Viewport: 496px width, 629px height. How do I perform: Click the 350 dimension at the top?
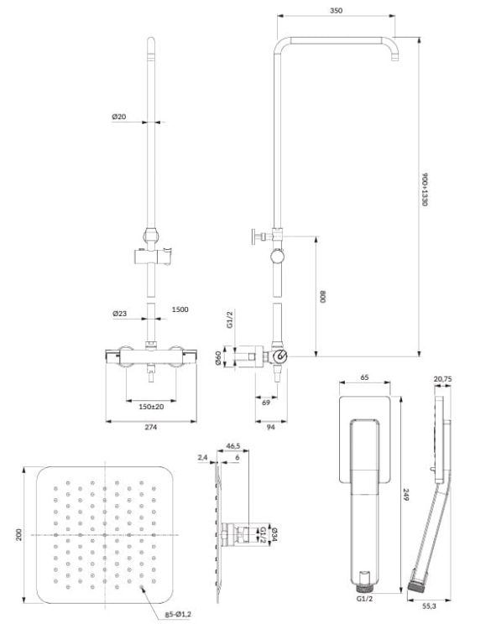click(336, 10)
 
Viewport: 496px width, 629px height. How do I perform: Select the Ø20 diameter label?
click(119, 117)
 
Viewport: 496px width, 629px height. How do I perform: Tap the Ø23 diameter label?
click(119, 314)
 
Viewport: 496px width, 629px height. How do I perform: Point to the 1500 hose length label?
click(180, 309)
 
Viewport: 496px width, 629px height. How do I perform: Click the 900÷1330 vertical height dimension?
click(425, 190)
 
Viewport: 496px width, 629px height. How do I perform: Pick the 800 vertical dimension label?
click(323, 297)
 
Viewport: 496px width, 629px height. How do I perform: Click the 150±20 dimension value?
click(151, 407)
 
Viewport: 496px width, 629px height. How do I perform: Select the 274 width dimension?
click(150, 427)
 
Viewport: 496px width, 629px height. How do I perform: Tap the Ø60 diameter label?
click(218, 357)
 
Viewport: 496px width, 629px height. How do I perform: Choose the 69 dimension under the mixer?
click(266, 403)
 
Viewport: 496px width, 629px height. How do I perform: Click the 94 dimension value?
click(271, 427)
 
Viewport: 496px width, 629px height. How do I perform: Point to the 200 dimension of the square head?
click(18, 535)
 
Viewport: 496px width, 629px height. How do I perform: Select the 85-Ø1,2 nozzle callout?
click(178, 614)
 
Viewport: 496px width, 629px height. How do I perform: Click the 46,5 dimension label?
click(233, 445)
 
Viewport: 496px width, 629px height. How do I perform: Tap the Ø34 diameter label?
click(274, 534)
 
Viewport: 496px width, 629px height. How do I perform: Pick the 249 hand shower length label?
click(405, 494)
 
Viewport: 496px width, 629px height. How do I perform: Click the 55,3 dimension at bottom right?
click(429, 606)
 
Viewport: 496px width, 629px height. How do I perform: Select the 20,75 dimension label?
click(442, 379)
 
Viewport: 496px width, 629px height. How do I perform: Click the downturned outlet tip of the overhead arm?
click(395, 59)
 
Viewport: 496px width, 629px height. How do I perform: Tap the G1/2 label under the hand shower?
click(364, 599)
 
